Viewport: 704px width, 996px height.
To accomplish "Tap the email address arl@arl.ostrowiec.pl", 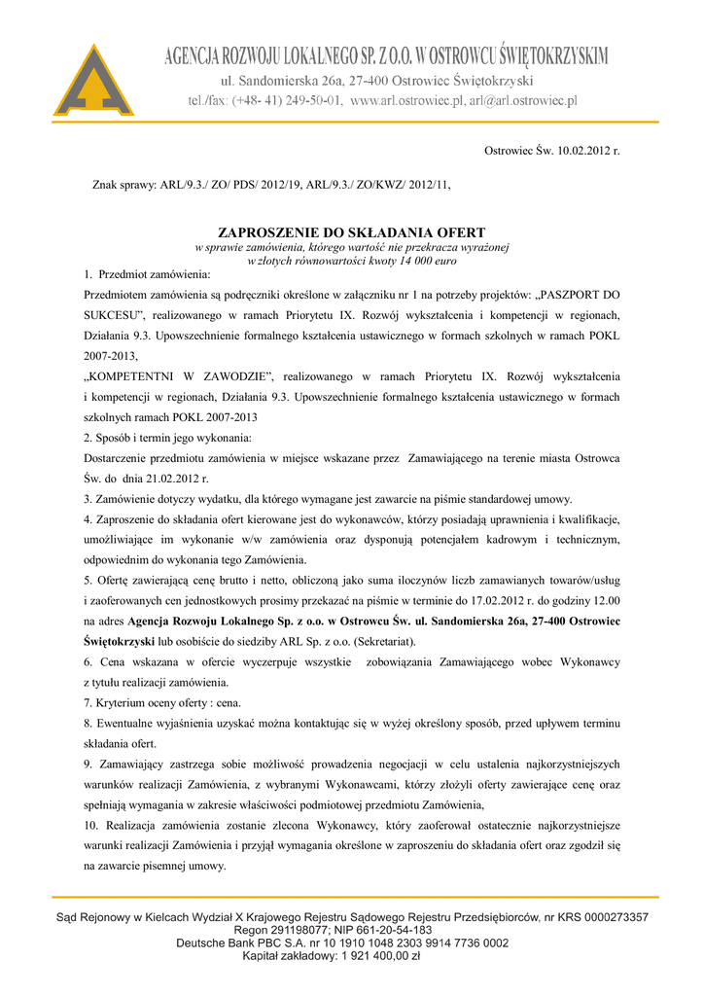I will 523,100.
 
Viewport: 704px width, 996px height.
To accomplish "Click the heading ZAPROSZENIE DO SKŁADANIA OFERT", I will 351,233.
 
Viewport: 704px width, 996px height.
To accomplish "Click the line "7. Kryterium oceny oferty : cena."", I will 162,702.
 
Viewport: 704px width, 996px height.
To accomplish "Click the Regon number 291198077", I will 289,930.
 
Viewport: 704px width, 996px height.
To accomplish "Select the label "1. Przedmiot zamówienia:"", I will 154,274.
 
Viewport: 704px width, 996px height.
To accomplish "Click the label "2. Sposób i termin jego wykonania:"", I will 168,438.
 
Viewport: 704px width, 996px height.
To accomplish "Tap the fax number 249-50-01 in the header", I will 311,100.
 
